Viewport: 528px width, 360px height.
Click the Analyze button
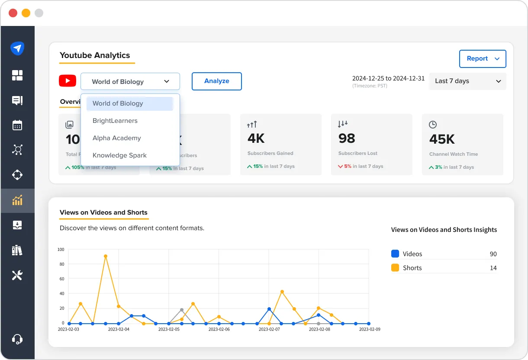coord(216,81)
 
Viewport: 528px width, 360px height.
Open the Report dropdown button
coord(483,59)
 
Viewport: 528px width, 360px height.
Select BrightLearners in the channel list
coord(115,121)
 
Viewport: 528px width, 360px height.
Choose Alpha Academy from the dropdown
coord(117,138)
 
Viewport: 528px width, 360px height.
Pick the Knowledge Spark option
coord(119,155)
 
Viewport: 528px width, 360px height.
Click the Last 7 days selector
coord(467,81)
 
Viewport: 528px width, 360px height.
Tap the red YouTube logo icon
coord(68,81)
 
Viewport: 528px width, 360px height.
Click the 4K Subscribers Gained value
coord(256,138)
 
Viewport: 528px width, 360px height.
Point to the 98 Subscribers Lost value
coord(347,138)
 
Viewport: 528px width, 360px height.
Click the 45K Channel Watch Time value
coord(442,139)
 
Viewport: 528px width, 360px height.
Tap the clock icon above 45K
coord(432,125)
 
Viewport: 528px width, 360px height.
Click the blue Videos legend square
coord(395,254)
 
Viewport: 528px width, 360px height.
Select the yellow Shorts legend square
coord(395,268)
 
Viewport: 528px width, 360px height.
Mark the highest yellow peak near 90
coord(105,256)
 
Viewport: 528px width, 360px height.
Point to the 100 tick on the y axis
coord(61,250)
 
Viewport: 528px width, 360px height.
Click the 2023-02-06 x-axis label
coord(219,329)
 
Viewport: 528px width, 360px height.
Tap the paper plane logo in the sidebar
coord(17,48)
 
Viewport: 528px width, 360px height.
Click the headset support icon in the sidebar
coord(17,339)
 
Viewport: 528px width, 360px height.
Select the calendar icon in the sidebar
coord(17,125)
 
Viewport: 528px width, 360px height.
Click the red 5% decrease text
coord(348,166)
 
